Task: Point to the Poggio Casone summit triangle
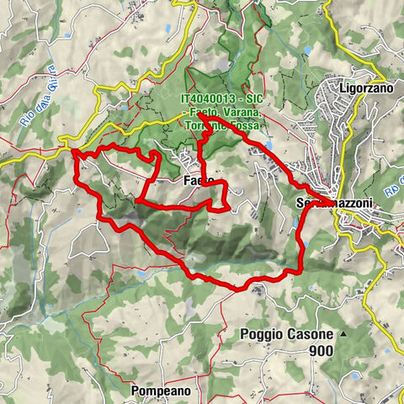344,334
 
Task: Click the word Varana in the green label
247,112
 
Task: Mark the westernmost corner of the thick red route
74,152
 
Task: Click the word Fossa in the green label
246,125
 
